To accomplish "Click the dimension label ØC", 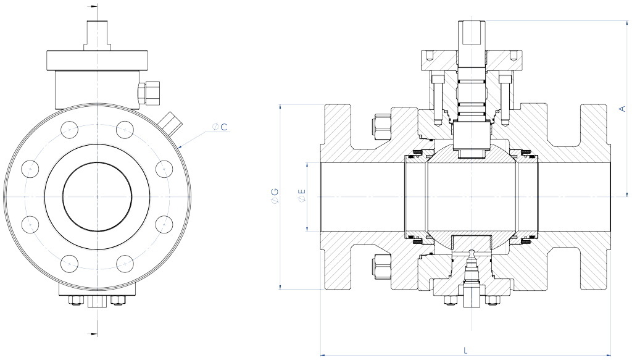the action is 220,127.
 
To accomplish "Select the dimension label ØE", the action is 301,196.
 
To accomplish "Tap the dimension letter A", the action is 622,109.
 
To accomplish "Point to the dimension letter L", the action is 465,350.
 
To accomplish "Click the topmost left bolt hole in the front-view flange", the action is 69,130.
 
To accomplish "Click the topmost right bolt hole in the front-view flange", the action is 125,130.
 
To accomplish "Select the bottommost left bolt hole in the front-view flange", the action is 69,263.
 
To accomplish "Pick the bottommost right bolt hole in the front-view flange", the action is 125,263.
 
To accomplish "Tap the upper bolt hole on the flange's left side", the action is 30,169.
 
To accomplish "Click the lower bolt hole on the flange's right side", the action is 164,224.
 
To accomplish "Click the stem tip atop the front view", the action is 97,34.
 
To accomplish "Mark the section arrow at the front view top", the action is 93,7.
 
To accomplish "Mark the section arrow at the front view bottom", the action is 93,333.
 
